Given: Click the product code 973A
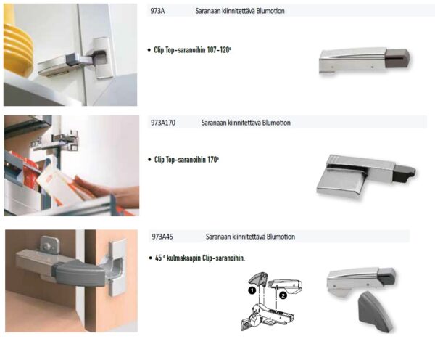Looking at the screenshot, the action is point(157,11).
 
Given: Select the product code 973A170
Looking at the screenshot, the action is point(163,123).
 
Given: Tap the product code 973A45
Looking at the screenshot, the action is point(162,237).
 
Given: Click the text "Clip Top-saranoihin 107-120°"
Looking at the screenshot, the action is point(193,50).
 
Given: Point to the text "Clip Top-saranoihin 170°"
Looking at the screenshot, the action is point(187,160).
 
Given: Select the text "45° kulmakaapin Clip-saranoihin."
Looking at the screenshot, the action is point(200,258).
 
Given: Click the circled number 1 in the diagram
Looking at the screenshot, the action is point(252,290).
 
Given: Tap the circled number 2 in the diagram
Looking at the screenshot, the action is point(283,295).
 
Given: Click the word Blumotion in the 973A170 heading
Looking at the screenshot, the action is point(276,123).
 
